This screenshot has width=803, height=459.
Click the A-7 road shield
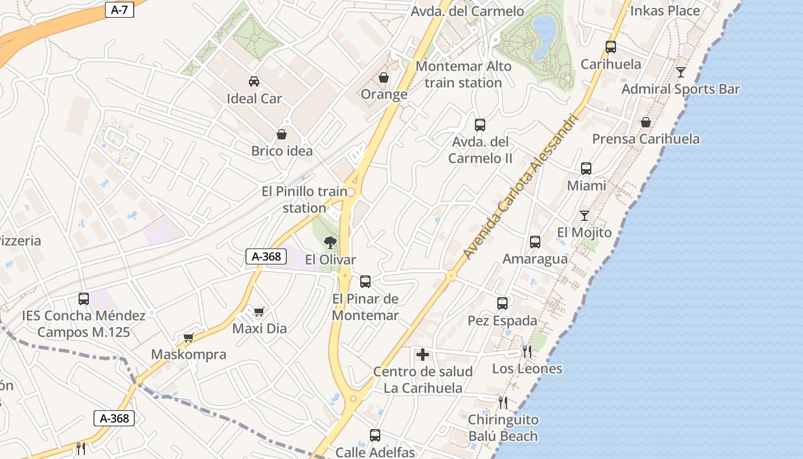[119, 10]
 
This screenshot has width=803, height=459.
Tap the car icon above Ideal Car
[254, 81]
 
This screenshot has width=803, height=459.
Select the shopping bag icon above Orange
[384, 77]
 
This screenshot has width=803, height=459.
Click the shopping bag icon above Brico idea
[282, 134]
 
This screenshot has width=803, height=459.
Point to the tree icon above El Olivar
[330, 243]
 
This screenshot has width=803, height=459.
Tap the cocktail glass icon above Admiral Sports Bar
[681, 72]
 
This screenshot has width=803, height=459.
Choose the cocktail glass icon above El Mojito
[584, 216]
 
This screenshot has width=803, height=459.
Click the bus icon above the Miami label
[586, 169]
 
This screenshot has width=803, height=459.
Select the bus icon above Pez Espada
[502, 304]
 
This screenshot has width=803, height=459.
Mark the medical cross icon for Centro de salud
[423, 355]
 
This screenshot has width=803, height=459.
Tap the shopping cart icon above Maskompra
[188, 337]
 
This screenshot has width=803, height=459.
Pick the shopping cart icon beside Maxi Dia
[259, 312]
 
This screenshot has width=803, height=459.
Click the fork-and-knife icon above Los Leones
[527, 351]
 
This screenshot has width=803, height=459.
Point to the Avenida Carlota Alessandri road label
[520, 185]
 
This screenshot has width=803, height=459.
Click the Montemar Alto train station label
[463, 75]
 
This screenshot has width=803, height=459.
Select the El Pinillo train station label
[305, 200]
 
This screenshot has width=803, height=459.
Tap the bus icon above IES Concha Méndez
[84, 299]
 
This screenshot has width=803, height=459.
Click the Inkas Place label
[665, 10]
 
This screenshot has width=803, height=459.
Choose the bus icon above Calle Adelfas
[375, 435]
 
